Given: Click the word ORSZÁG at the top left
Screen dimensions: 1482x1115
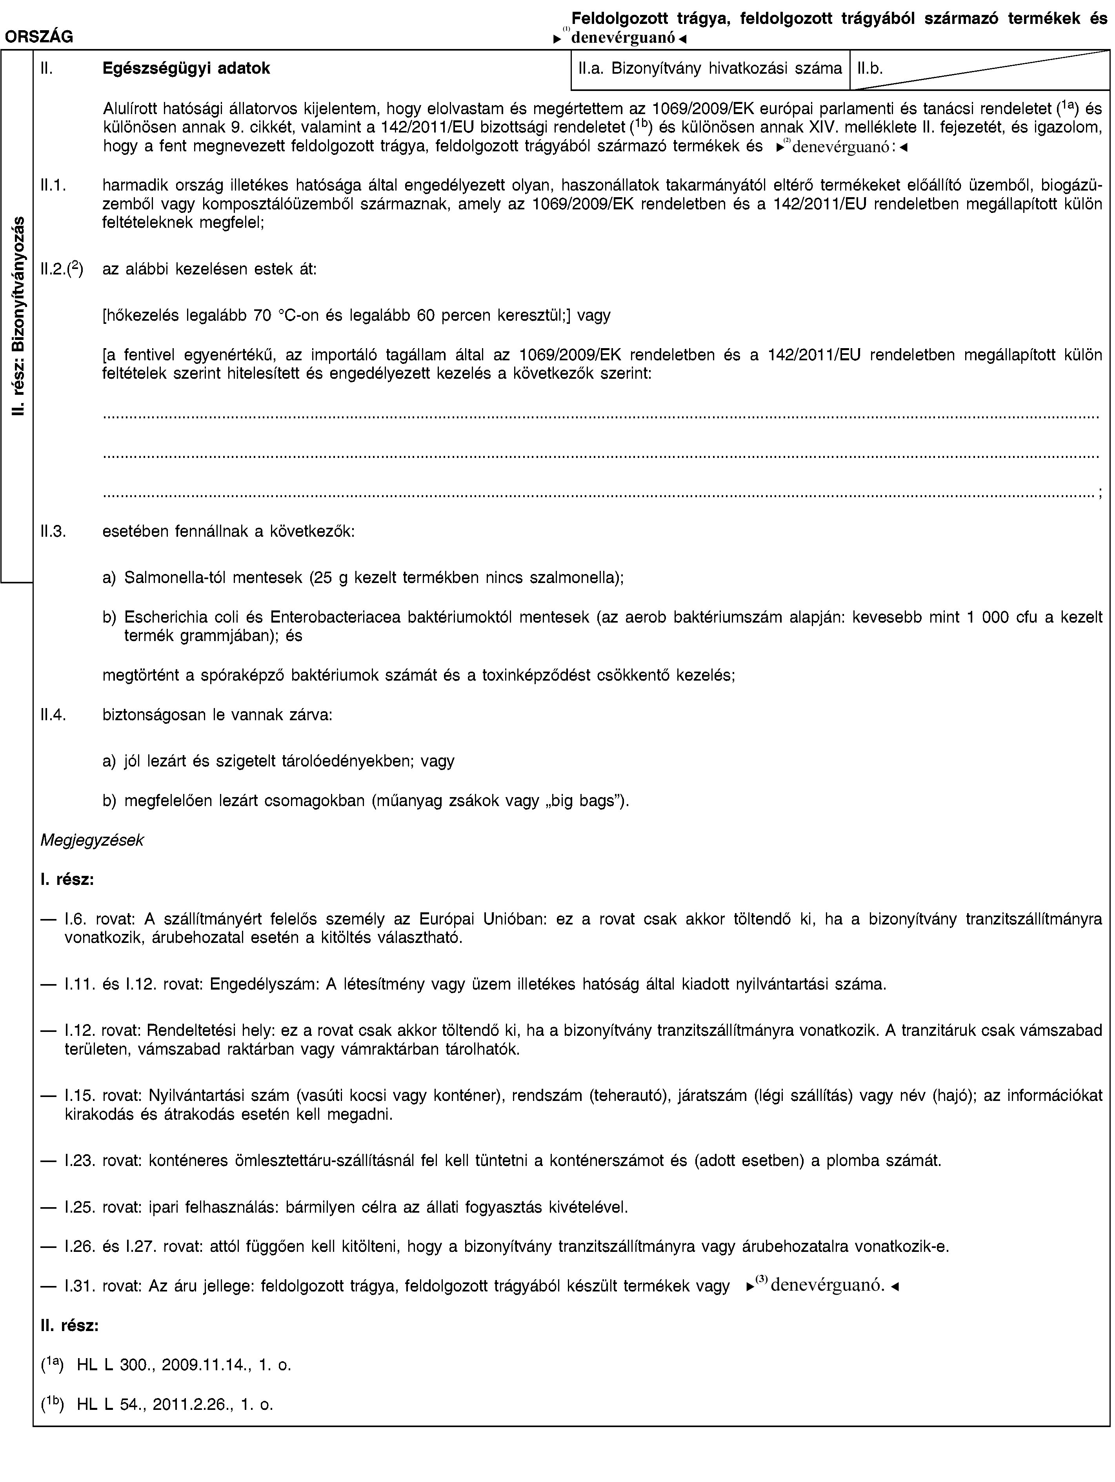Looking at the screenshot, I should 40,38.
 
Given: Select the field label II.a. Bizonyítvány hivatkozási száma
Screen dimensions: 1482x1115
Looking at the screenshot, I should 709,68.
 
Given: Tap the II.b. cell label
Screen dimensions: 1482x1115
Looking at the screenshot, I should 868,68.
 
